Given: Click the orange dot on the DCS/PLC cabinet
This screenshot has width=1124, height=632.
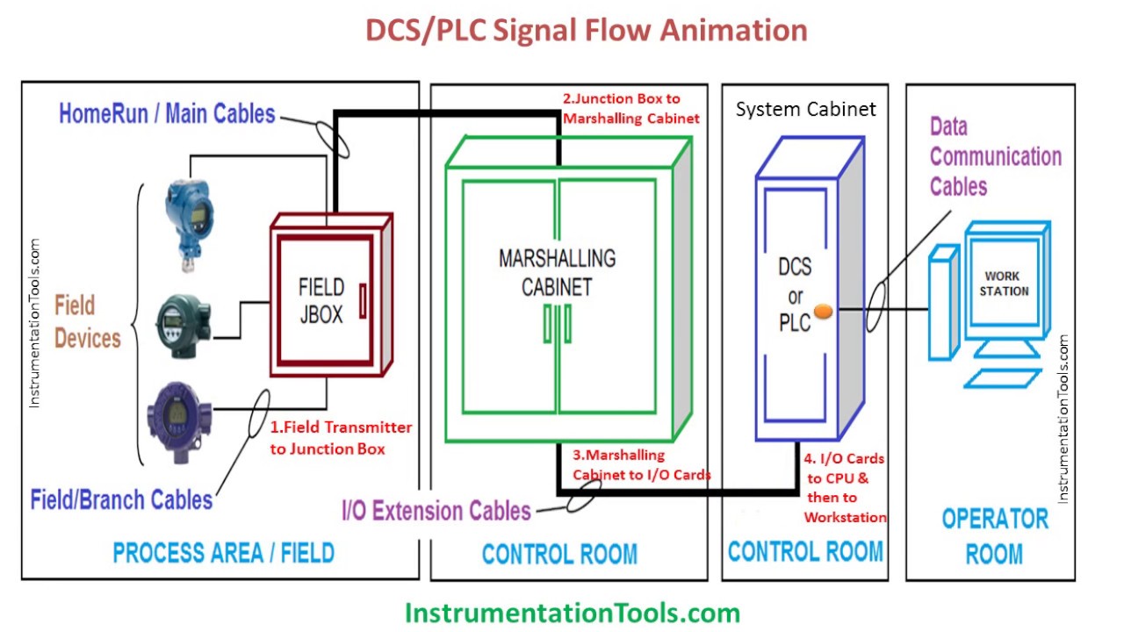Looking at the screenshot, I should tap(823, 311).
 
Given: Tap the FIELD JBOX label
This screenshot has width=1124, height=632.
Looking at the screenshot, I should tap(321, 300).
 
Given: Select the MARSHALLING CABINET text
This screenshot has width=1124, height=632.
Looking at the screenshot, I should tap(557, 272).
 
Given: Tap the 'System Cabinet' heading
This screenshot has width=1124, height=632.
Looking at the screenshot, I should tap(805, 110).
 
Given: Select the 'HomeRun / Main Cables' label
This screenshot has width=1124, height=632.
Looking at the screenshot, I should tap(167, 113).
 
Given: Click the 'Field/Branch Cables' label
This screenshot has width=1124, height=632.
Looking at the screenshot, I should tap(121, 499).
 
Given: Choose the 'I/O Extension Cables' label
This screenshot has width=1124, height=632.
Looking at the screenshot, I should tap(436, 511).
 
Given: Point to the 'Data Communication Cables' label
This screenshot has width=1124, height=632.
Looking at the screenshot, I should tap(995, 157).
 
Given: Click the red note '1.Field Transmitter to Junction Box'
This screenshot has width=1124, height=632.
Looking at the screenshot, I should tap(340, 438).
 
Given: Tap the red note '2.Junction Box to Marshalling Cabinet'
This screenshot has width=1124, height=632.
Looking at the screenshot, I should tap(630, 109).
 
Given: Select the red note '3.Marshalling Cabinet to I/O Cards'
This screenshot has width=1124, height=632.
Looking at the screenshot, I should tap(641, 465).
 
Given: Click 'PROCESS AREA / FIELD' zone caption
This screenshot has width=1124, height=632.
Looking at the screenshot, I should tap(223, 553).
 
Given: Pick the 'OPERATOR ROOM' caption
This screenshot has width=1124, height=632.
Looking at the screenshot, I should tap(994, 535).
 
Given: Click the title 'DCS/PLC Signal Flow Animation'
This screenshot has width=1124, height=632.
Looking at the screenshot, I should tap(586, 31).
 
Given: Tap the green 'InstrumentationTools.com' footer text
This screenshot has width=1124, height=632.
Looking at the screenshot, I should tap(572, 612).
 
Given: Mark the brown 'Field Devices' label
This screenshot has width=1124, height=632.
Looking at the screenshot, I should tap(87, 322).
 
